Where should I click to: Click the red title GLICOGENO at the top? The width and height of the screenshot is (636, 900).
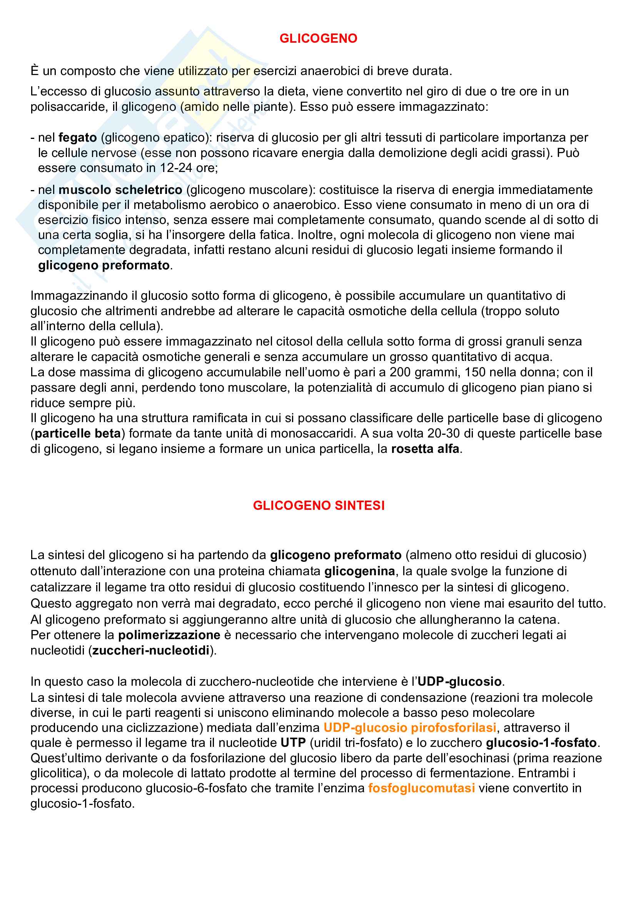point(318,38)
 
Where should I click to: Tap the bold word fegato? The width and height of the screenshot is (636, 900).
point(78,138)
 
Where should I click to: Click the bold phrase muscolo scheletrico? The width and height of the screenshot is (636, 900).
point(120,190)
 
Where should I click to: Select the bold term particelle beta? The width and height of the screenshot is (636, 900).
point(78,433)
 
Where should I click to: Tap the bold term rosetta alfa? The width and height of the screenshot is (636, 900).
point(425,448)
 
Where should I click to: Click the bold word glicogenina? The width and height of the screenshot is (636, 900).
point(359,571)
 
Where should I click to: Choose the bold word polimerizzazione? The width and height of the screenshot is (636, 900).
point(169,635)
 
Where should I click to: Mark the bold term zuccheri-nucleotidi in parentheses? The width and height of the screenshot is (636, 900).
point(151,650)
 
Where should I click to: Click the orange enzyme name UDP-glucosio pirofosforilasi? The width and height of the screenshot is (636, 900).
point(410,728)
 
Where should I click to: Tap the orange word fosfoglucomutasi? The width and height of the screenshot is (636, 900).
point(422,788)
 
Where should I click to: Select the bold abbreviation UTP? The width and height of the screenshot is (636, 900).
point(293,742)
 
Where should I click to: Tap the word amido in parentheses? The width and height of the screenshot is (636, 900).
point(202,107)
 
